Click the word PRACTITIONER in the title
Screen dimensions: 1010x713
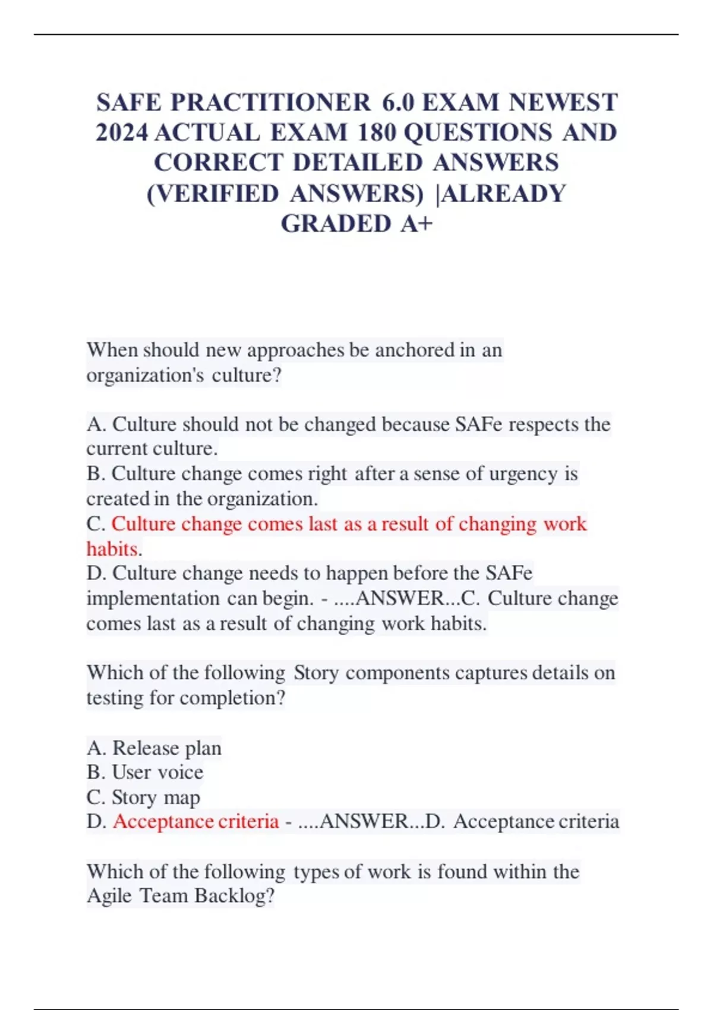pos(271,103)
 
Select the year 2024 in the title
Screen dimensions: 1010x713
pos(122,133)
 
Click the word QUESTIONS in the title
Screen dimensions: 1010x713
pos(478,133)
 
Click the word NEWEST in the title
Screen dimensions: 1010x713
pos(563,103)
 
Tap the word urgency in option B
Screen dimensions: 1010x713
pos(523,474)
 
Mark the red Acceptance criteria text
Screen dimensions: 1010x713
pos(195,822)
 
